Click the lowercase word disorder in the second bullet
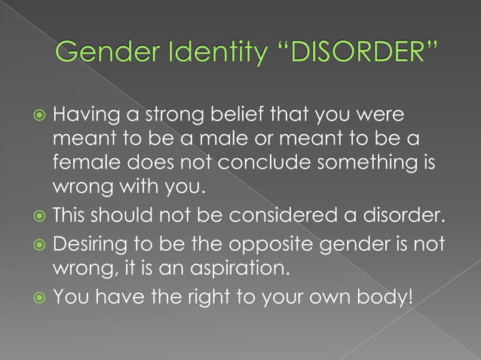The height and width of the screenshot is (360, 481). tap(403, 218)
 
